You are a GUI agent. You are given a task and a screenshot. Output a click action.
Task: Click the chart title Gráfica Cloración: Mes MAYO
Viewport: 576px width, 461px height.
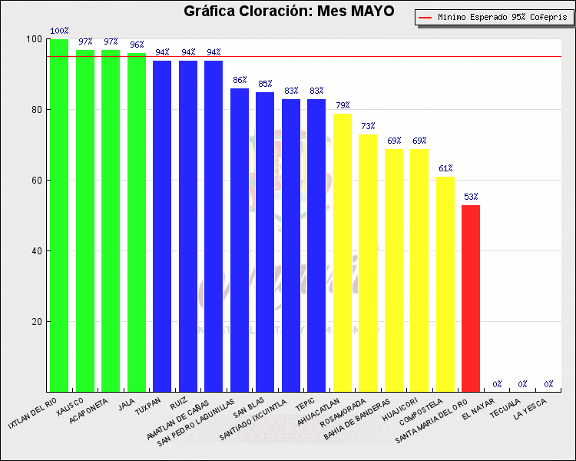coord(289,12)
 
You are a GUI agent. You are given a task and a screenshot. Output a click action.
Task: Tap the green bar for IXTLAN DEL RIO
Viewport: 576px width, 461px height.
coord(59,215)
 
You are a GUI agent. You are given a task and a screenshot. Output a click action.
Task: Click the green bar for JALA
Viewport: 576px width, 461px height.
coord(137,223)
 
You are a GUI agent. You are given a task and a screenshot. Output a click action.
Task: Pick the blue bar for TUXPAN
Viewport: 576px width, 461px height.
coord(162,227)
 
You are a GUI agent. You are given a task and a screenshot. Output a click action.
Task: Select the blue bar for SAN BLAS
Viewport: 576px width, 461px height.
coord(265,242)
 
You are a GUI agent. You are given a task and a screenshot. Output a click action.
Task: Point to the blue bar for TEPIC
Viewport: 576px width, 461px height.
coord(316,246)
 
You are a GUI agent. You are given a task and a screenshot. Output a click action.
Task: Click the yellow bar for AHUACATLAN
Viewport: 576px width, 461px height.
coord(343,254)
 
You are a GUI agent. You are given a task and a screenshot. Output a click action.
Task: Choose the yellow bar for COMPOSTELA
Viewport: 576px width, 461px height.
coord(445,284)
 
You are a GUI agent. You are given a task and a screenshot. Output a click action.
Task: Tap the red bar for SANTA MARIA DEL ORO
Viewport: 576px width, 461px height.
coord(471,300)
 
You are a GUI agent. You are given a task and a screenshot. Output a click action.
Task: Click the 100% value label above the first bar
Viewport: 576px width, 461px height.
coord(59,31)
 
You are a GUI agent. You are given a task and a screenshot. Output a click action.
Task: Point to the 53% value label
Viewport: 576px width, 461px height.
coord(471,197)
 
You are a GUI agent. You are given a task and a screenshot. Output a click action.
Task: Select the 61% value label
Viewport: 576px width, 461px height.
coord(445,168)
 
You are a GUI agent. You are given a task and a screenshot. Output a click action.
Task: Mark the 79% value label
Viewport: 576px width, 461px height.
coord(343,105)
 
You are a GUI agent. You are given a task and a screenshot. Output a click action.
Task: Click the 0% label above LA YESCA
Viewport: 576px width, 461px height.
coord(548,383)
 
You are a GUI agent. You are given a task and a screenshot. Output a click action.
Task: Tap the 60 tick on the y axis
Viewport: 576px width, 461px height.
coord(36,181)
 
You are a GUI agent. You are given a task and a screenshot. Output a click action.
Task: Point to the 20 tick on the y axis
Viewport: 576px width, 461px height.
coord(36,321)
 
